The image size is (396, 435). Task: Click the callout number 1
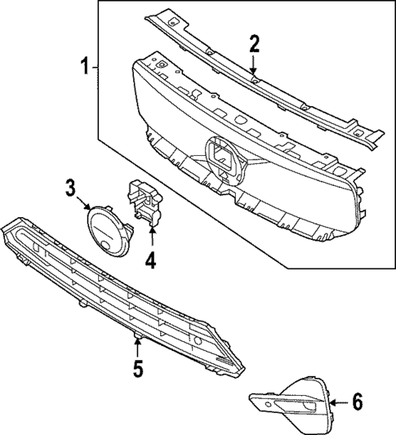tap(84, 64)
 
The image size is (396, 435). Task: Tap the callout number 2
tap(255, 43)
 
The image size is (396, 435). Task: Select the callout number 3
tap(71, 189)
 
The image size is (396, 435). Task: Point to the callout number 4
tap(150, 262)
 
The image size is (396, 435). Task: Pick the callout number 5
tap(137, 369)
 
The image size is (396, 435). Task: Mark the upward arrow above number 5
tap(137, 346)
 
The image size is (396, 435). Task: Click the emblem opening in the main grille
tap(223, 158)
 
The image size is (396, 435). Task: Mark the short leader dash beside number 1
tap(96, 64)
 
